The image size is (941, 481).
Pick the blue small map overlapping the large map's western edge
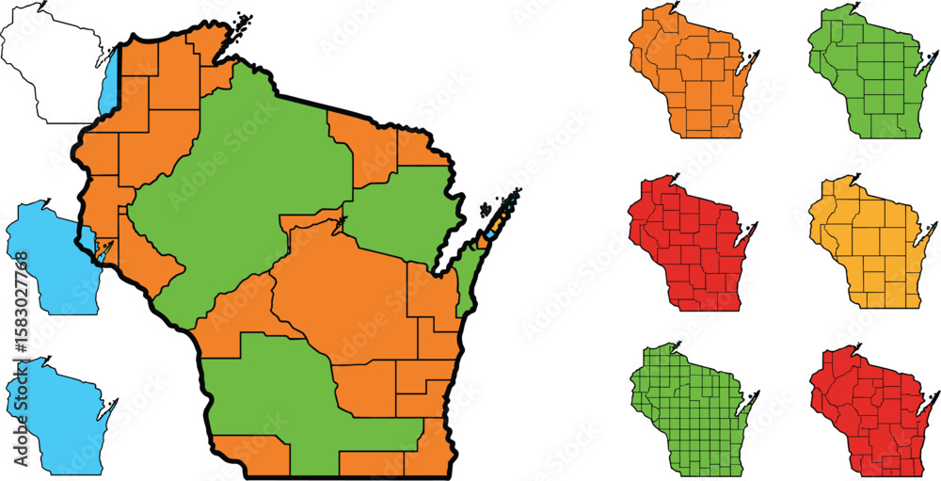(42, 254)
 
